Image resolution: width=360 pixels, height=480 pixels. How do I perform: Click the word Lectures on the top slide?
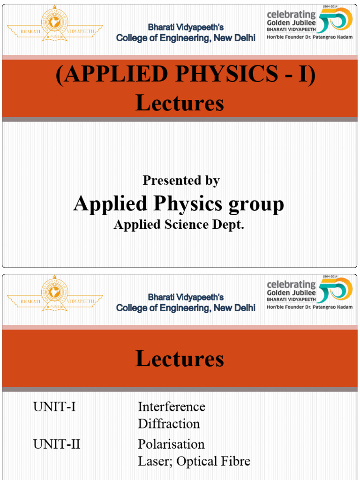coord(180,103)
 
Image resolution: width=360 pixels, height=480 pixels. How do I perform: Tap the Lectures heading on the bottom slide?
coord(180,359)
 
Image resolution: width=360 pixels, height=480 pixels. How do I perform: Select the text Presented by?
coord(181,180)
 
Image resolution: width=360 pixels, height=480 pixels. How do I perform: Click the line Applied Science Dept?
coord(179,225)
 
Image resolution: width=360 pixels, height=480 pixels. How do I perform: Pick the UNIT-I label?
coord(54,407)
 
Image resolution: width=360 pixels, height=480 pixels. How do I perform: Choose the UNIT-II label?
coord(57,444)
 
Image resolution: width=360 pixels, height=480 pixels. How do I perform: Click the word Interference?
coord(172,407)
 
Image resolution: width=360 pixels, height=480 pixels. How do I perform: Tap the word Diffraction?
coord(169,424)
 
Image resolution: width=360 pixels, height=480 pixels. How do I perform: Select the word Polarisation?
coord(171,444)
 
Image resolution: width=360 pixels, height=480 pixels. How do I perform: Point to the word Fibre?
coord(236,461)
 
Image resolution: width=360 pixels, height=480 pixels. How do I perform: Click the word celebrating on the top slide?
coord(291,15)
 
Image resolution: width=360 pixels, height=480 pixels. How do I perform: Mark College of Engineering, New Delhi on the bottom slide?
coord(186,308)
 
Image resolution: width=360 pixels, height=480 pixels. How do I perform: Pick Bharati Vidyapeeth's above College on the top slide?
coord(186,27)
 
